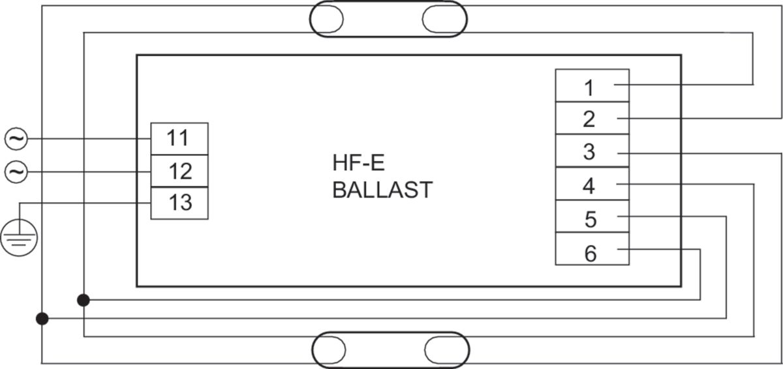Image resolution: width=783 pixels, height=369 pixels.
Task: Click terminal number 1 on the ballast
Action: coord(592,85)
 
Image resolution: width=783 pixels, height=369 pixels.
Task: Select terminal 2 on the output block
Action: coord(592,119)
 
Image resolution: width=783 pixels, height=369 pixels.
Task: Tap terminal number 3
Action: coord(592,151)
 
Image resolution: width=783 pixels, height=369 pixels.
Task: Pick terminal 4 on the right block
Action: coord(592,184)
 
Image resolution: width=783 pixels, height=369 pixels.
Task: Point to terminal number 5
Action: coord(592,216)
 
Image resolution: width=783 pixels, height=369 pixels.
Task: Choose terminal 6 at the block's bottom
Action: coord(592,249)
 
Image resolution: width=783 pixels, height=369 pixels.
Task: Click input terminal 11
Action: coord(179,139)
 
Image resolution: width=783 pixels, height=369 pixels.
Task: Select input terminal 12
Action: coord(179,171)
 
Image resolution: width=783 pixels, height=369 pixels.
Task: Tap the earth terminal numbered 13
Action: coord(179,203)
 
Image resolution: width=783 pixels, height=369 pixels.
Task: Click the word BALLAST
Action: coord(382,190)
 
